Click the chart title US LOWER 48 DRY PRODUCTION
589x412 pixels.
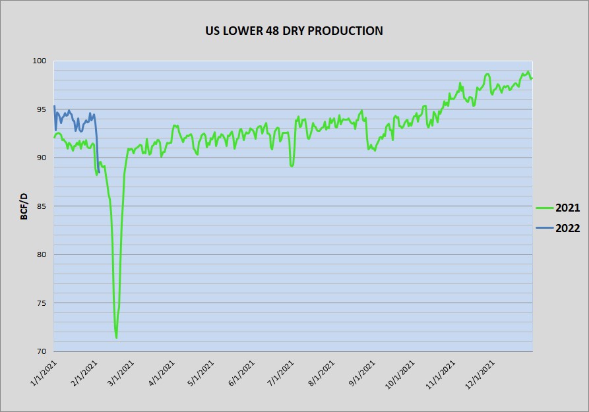pos(294,30)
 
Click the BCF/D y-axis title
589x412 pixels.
pos(24,206)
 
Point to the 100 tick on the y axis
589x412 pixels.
pos(41,61)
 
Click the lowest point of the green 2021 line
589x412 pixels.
pos(116,338)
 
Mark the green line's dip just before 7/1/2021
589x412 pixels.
pos(292,165)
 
